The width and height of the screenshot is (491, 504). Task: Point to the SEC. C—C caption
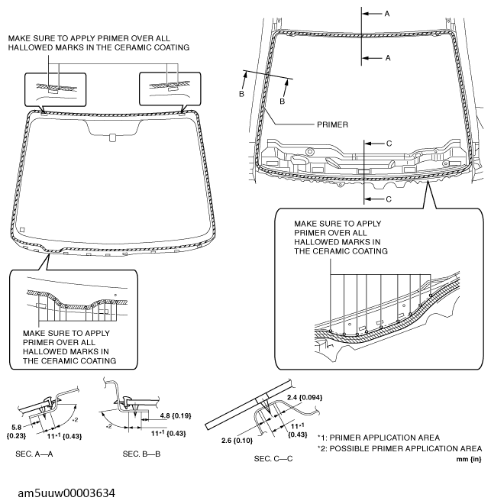(275, 459)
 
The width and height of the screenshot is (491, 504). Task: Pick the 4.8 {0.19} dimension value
(177, 416)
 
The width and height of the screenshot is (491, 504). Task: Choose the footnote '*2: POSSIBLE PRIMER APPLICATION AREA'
(400, 447)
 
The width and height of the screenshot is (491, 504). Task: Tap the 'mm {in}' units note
(467, 459)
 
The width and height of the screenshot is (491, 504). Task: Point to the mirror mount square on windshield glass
(111, 137)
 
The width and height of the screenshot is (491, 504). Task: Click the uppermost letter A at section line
(387, 14)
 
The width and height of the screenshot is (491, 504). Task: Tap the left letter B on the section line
(241, 94)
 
